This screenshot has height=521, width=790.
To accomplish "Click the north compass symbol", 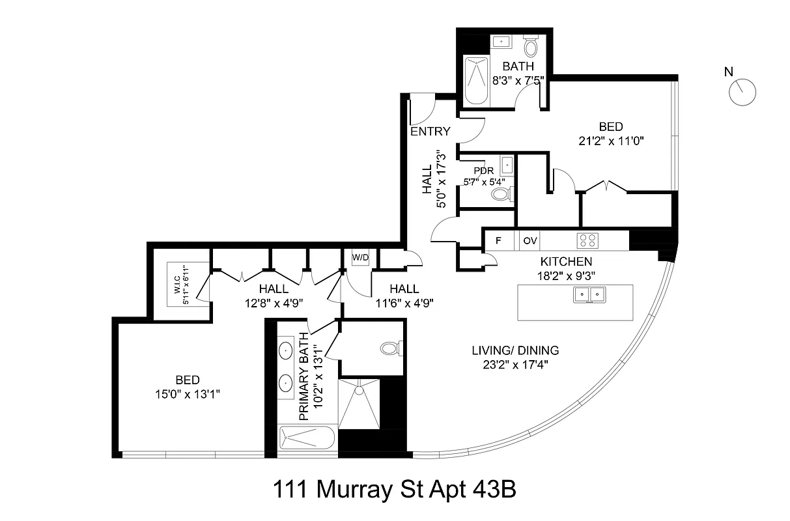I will tap(742, 92).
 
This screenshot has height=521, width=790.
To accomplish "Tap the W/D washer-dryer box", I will tap(360, 257).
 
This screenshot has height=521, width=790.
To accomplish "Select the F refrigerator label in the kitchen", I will tap(499, 240).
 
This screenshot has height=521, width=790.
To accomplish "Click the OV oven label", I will tap(530, 240).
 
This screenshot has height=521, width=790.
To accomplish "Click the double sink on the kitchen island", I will tap(589, 295).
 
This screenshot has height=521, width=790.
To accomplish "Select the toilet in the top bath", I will tap(531, 48).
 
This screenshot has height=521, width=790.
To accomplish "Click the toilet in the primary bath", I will tap(391, 348).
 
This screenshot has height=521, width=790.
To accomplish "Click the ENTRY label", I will tap(430, 132).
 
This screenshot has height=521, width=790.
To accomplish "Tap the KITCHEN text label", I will tap(565, 262).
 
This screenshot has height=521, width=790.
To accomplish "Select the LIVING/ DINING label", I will tap(515, 350).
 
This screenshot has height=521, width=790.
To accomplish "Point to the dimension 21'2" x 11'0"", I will tap(610, 140).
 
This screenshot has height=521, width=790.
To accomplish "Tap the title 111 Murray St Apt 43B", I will tap(394, 489).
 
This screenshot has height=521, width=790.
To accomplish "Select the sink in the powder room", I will tap(507, 163).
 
